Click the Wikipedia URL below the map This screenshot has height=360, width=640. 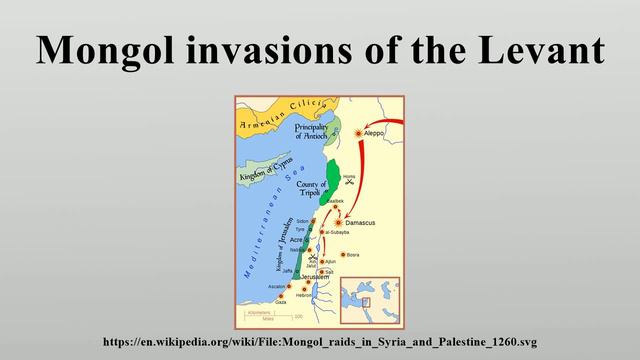(320, 341)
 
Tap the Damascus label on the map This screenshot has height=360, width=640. (366, 222)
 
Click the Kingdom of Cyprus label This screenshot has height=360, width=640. (264, 175)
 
